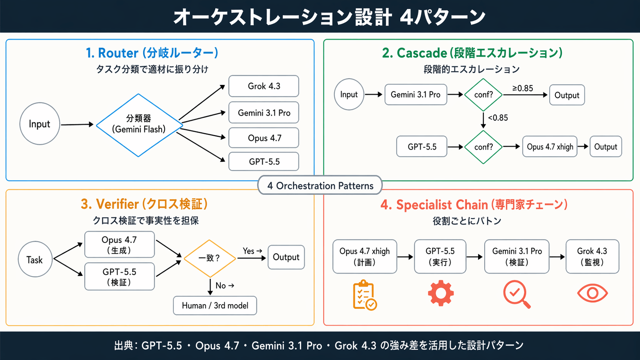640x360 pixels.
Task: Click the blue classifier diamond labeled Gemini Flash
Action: pyautogui.click(x=139, y=125)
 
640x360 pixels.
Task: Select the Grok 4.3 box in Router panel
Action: pyautogui.click(x=263, y=86)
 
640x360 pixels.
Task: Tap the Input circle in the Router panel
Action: pyautogui.click(x=39, y=124)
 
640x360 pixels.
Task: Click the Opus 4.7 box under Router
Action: pyautogui.click(x=263, y=138)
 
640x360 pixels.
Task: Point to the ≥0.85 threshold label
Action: pyautogui.click(x=522, y=88)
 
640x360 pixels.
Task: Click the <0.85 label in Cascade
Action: pyautogui.click(x=498, y=118)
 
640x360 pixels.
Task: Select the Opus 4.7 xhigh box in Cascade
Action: pyautogui.click(x=549, y=147)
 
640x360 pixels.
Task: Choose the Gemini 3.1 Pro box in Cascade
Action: pyautogui.click(x=415, y=94)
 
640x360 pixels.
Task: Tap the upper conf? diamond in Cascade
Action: pyautogui.click(x=483, y=94)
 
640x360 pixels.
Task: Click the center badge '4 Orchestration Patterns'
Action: pyautogui.click(x=320, y=186)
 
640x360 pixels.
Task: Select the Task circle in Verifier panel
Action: pyautogui.click(x=35, y=259)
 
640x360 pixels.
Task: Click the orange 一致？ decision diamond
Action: pyautogui.click(x=209, y=258)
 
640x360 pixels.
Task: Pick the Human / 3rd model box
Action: pyautogui.click(x=215, y=305)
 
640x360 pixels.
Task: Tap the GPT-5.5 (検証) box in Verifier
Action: pyautogui.click(x=119, y=277)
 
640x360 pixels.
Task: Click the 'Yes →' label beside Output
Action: pyautogui.click(x=252, y=251)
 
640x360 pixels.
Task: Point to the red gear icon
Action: pyautogui.click(x=441, y=293)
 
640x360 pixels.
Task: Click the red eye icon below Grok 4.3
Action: pyautogui.click(x=592, y=293)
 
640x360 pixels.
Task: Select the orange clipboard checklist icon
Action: pyautogui.click(x=364, y=295)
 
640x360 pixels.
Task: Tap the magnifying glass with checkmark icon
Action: pyautogui.click(x=516, y=294)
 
